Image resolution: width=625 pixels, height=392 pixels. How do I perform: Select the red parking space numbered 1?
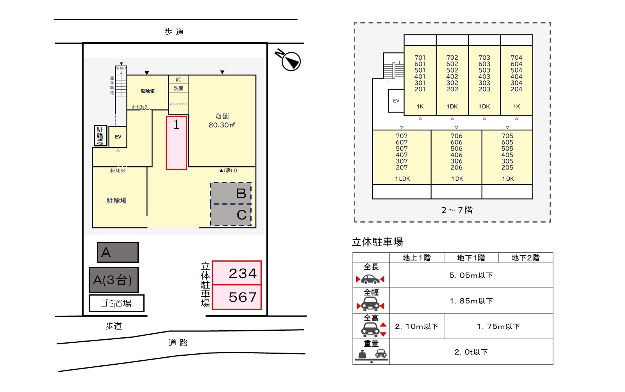(x=177, y=143)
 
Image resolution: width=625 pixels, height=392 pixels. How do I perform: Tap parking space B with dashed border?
(x=231, y=193)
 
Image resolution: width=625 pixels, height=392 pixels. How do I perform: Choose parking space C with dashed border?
(x=231, y=215)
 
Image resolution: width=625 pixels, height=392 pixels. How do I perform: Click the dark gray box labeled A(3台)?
(x=113, y=280)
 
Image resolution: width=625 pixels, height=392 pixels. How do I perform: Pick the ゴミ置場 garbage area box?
(x=116, y=303)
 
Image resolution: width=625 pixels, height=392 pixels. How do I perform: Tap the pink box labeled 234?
(x=237, y=273)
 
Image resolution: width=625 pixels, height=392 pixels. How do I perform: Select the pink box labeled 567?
(x=237, y=298)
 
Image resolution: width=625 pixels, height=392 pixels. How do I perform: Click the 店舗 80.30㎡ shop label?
(x=222, y=121)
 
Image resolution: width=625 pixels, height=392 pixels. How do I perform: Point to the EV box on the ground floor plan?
(x=118, y=137)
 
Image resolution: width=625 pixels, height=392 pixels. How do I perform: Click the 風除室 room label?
(x=147, y=91)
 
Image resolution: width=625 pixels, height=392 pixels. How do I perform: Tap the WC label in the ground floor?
(x=179, y=80)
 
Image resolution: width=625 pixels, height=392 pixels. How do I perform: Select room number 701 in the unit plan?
(x=420, y=58)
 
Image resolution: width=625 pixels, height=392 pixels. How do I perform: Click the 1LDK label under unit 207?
(x=402, y=179)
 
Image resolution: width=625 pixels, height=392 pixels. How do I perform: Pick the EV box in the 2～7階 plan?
(x=396, y=101)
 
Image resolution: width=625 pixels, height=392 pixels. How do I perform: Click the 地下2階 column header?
(x=525, y=258)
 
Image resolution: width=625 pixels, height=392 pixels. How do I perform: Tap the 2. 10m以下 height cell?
(x=416, y=326)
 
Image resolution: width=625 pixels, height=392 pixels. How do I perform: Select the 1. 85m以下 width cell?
(x=471, y=301)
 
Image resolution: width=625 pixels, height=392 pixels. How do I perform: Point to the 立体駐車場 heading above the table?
(x=377, y=242)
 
